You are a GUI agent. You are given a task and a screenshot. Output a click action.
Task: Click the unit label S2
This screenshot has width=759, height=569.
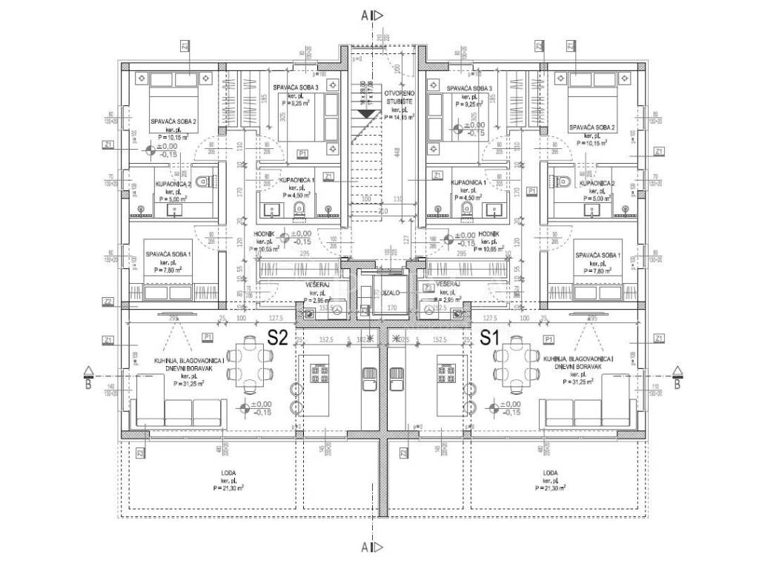277,338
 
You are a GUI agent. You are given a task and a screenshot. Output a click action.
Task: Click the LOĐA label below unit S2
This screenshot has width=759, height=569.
228,473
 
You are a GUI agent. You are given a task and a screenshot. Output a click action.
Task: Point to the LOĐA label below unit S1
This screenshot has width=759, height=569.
550,473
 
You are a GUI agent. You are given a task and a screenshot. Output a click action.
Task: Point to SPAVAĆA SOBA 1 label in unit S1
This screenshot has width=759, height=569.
597,255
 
